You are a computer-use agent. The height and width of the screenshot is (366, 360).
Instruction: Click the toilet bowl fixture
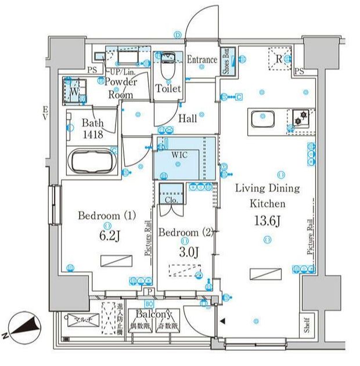(168, 68)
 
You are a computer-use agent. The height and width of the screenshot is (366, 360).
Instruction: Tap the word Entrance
(201, 60)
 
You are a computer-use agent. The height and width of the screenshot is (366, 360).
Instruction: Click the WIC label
(178, 155)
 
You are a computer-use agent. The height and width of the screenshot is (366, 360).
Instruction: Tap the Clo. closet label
(171, 199)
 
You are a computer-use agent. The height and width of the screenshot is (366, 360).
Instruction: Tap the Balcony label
(153, 314)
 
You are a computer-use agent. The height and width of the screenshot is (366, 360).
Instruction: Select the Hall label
(187, 118)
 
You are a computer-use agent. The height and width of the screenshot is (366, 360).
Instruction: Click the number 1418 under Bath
(92, 134)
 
